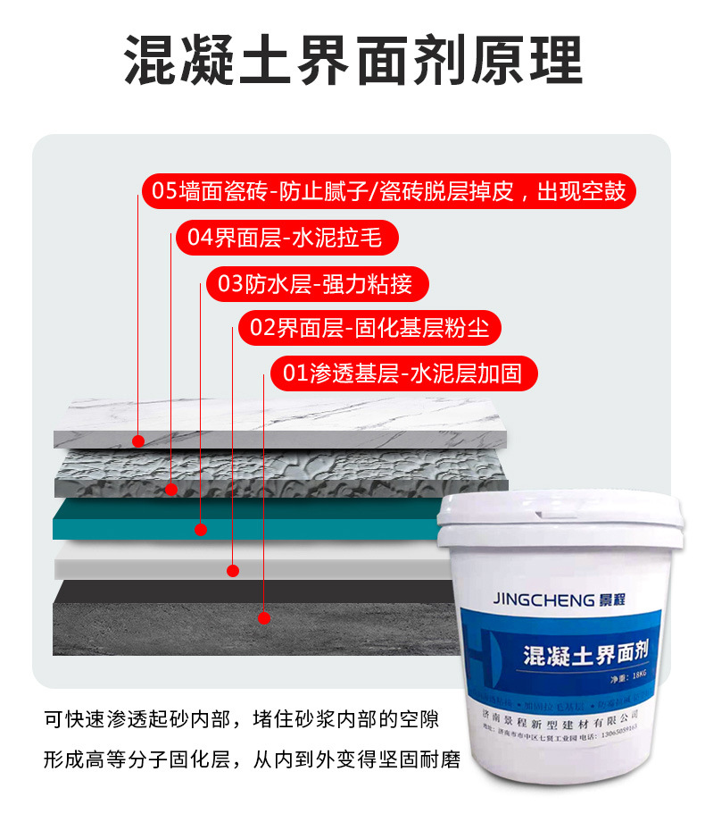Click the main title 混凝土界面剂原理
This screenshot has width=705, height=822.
[352, 62]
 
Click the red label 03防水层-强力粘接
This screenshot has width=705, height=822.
[316, 284]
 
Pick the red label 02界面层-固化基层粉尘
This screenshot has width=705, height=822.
[369, 328]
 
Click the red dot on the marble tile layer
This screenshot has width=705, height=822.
[138, 440]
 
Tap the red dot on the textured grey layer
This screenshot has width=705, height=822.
[171, 489]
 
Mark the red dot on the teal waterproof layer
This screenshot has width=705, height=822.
[201, 530]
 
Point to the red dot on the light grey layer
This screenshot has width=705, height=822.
[234, 570]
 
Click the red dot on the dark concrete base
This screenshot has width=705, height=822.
[264, 616]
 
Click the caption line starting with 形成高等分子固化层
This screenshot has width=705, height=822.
[252, 760]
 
